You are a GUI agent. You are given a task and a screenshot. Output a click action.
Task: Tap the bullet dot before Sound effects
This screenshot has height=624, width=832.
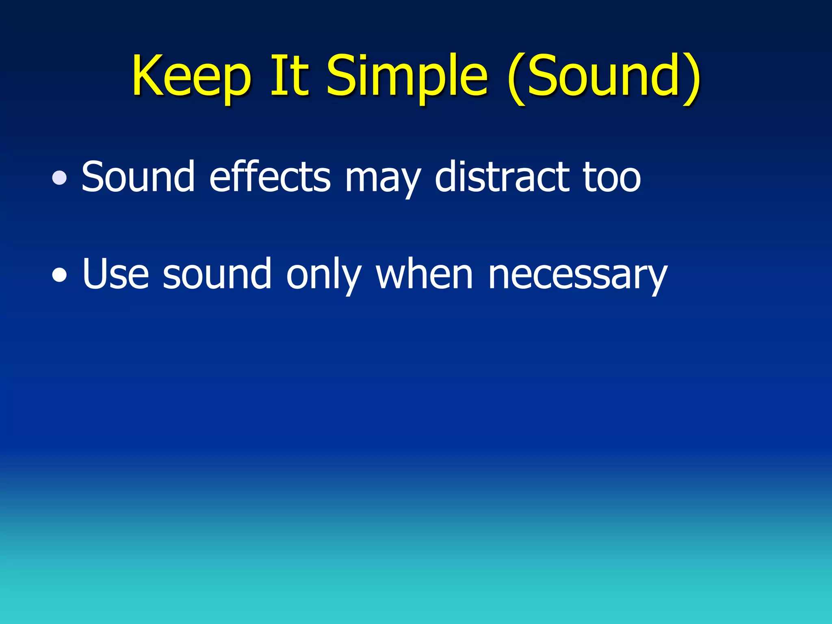[x=60, y=178]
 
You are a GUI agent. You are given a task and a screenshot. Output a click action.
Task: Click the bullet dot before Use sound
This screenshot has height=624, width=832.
[x=60, y=275]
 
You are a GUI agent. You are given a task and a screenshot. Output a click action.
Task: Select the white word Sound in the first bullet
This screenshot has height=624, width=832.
[x=138, y=177]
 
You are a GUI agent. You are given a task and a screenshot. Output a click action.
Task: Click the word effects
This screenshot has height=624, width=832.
[x=270, y=177]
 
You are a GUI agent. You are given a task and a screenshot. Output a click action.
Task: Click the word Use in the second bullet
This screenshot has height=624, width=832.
[x=115, y=274]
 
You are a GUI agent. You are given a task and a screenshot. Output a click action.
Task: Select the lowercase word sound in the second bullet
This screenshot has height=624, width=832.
[x=217, y=274]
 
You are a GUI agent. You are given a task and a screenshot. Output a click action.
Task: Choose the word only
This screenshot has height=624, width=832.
[x=323, y=275]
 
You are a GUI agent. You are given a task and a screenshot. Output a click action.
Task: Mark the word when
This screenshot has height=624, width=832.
[x=424, y=274]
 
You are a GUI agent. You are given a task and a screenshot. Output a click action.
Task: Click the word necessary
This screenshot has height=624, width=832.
[x=577, y=276]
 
